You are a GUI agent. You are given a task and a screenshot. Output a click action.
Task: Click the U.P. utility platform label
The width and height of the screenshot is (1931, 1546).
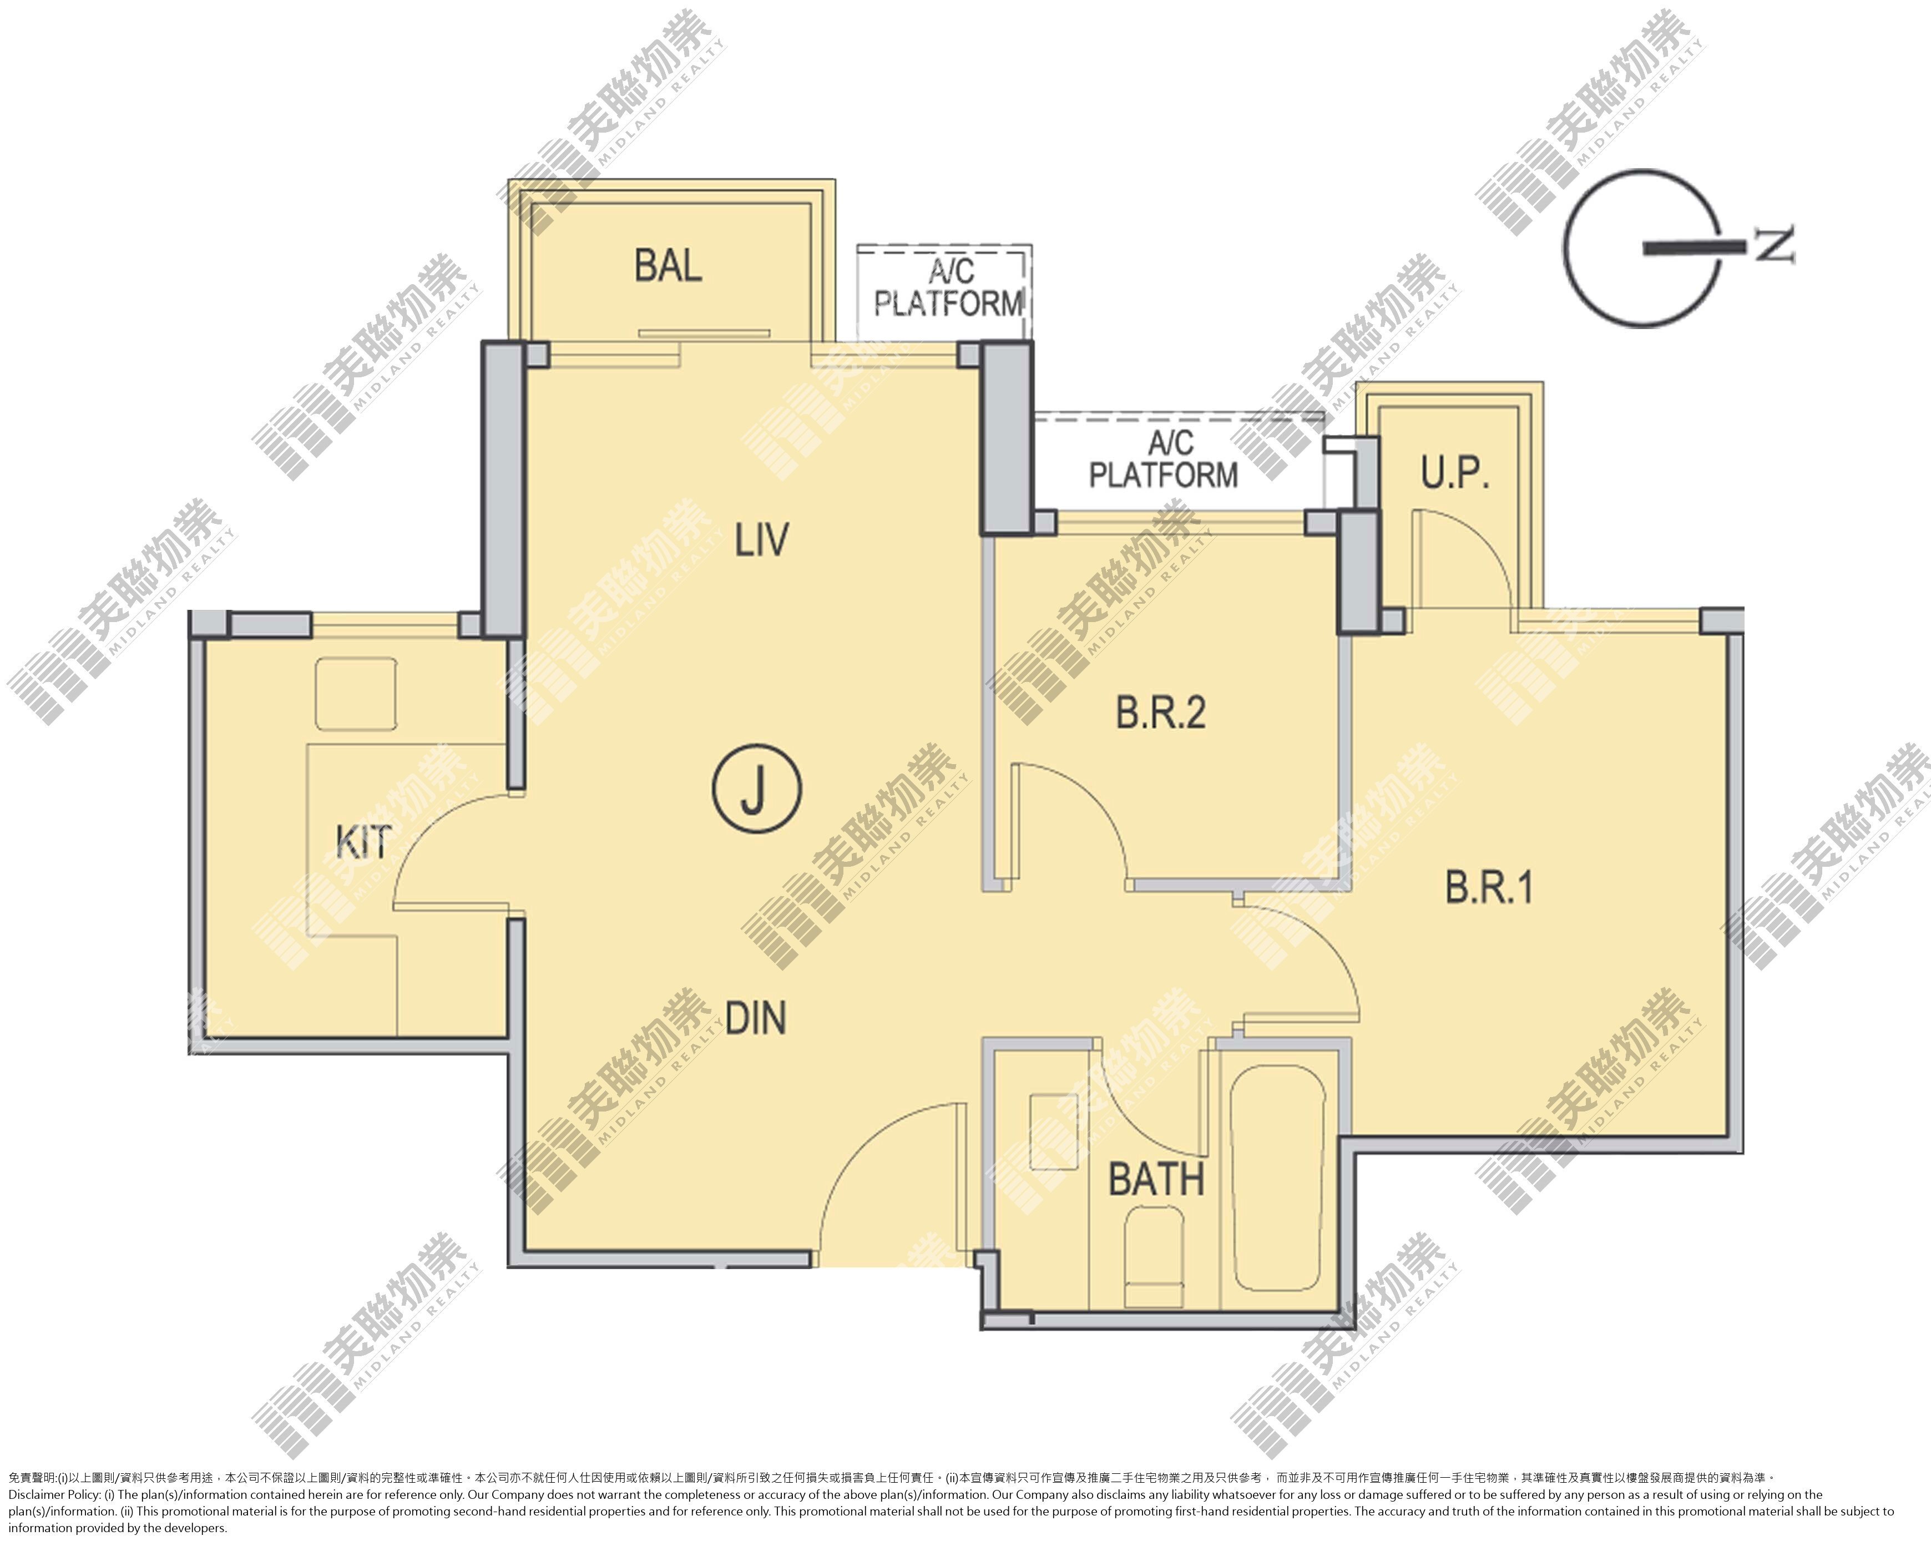[x=1454, y=472]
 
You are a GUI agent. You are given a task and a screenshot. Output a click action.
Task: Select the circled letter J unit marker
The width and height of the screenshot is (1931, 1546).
[x=757, y=788]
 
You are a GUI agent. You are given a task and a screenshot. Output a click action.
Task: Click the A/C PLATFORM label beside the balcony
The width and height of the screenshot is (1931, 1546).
[x=948, y=289]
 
